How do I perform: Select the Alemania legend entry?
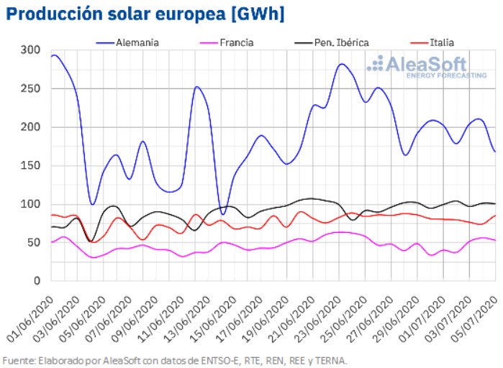(x=137, y=43)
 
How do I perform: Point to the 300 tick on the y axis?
(x=30, y=50)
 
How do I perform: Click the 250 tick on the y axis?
(x=30, y=88)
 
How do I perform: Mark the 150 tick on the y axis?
(x=30, y=165)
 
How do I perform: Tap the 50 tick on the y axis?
(x=33, y=242)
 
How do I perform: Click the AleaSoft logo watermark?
(x=417, y=67)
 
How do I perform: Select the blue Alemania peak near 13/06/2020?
(x=196, y=87)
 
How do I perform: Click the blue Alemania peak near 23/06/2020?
(x=343, y=65)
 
